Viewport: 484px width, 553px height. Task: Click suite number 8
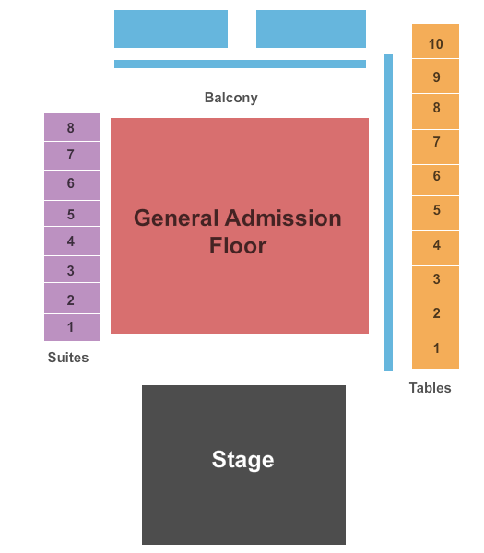tap(72, 127)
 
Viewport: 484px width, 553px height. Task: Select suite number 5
tap(72, 214)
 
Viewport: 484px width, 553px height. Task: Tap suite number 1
tap(72, 327)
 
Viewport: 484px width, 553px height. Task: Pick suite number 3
tap(72, 269)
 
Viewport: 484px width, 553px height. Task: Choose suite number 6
tap(72, 185)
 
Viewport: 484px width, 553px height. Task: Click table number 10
tap(436, 41)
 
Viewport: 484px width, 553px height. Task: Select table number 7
tap(436, 147)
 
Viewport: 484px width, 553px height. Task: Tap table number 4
tap(436, 249)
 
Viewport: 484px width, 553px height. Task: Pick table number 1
tap(436, 352)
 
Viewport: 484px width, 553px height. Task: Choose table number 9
tap(436, 76)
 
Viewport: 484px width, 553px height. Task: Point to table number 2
tap(436, 317)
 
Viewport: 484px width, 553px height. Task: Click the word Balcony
tap(231, 98)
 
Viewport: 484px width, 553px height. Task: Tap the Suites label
tap(68, 358)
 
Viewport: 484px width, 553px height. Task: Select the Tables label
tap(430, 388)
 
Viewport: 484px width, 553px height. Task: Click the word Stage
tap(242, 460)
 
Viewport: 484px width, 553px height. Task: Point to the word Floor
tap(238, 245)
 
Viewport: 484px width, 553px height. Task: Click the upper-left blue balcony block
tap(171, 29)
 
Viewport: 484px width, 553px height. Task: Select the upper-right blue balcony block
tap(312, 29)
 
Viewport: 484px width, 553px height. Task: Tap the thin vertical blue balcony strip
tap(388, 213)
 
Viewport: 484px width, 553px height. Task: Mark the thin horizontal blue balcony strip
tap(241, 64)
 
